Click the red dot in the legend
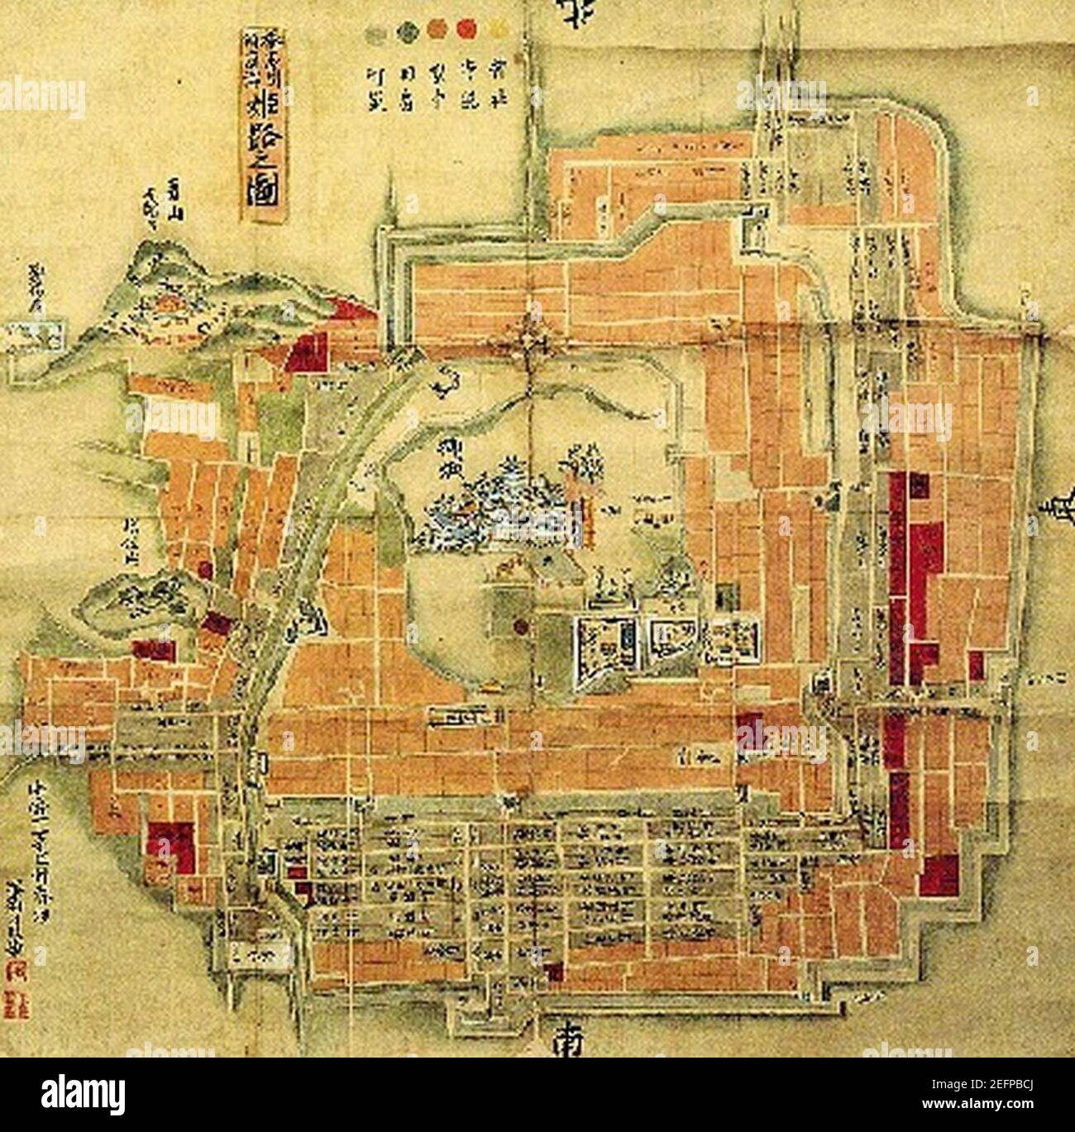click(468, 32)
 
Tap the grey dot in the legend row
click(377, 34)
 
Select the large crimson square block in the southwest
click(171, 847)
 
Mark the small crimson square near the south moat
click(553, 971)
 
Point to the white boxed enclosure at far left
click(33, 336)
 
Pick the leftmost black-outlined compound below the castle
click(607, 641)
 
